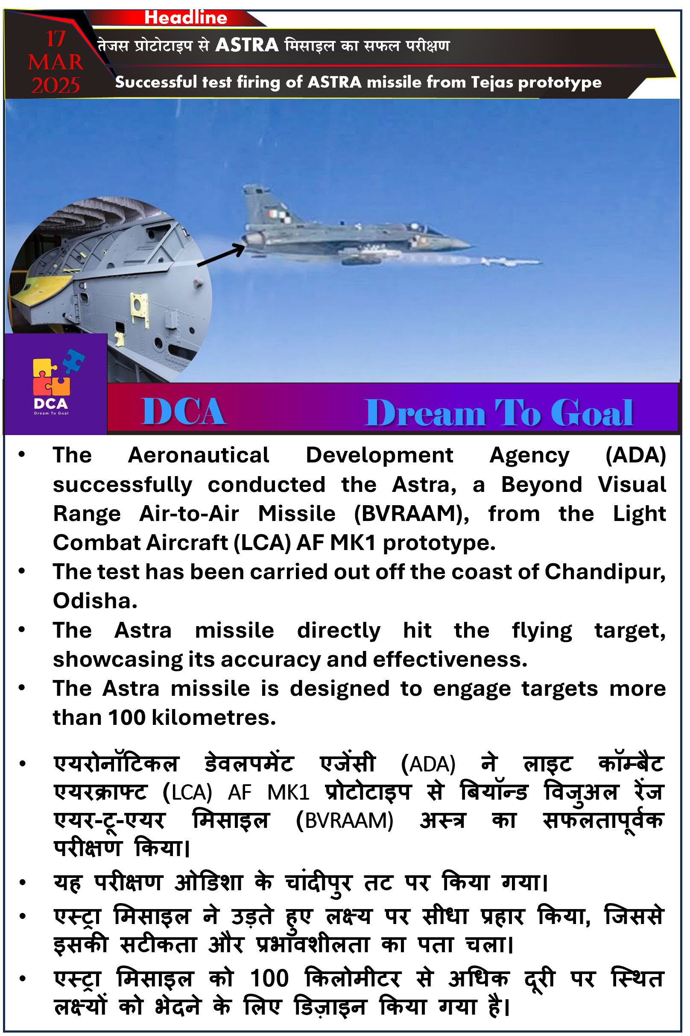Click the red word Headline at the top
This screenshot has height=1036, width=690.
pos(186,18)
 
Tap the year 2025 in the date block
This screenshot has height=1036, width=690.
pos(56,85)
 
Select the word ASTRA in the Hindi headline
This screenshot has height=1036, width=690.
pos(247,45)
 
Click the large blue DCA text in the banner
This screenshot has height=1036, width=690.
pos(184,412)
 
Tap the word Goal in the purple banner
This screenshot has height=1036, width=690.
pos(591,413)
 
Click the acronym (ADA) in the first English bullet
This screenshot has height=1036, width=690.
pos(635,456)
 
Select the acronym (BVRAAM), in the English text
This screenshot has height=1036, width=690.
pos(412,514)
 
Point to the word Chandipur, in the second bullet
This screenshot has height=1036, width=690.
pos(605,572)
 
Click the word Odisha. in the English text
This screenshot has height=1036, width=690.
pos(95,601)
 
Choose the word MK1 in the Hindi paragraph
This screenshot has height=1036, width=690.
pos(288,792)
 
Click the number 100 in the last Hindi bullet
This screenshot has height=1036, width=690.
pos(269,979)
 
